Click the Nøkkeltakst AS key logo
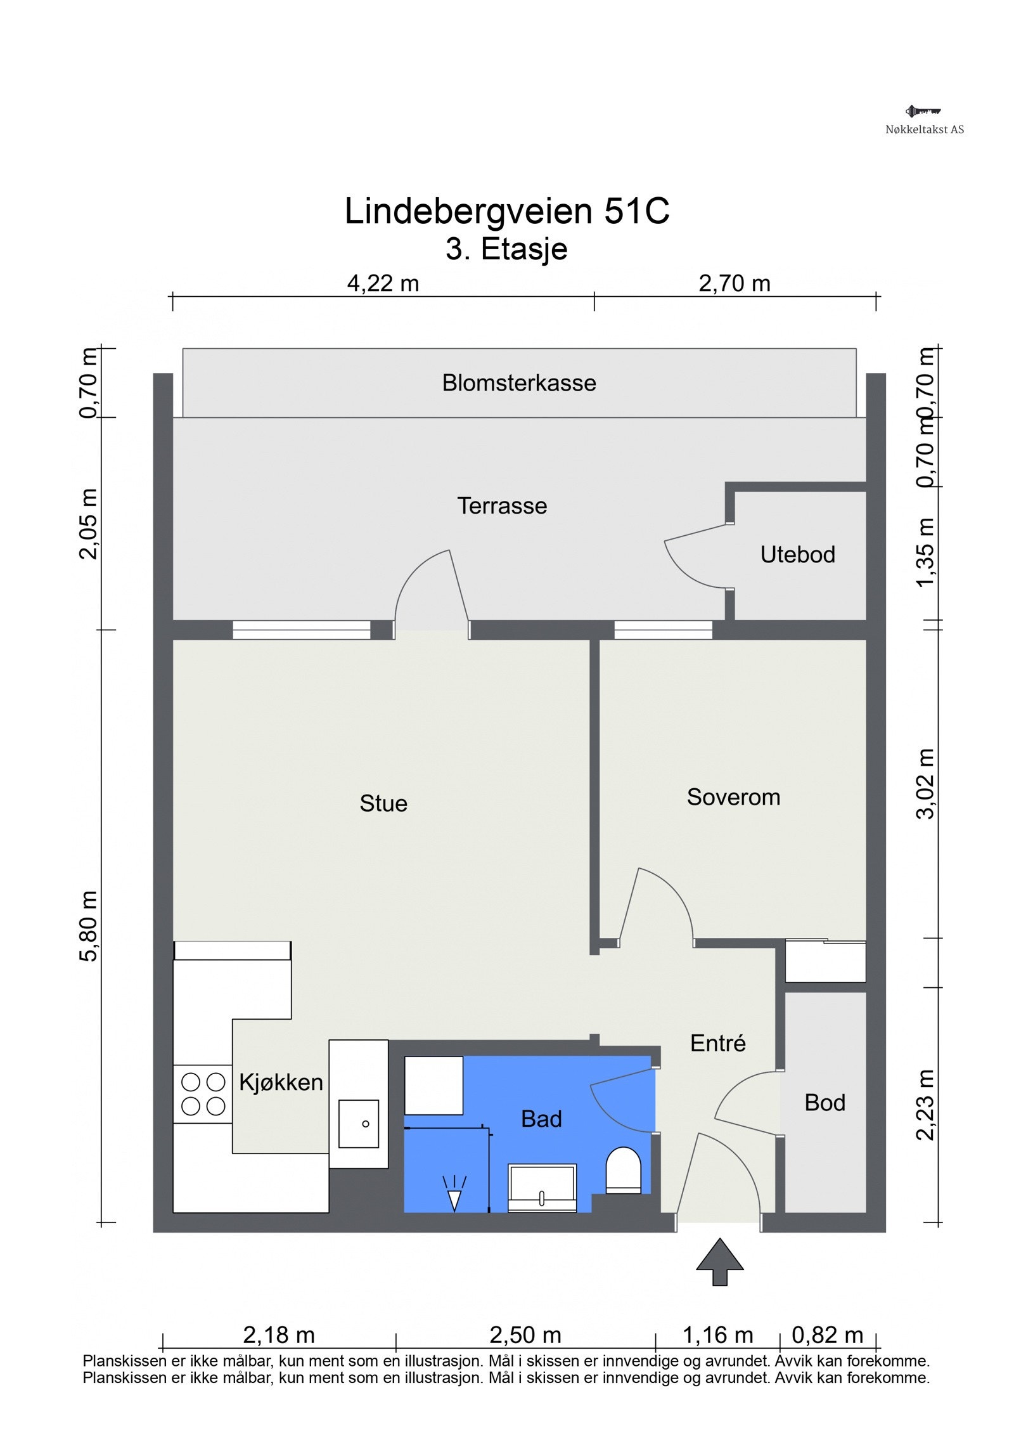(x=923, y=112)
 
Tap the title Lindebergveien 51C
(x=506, y=211)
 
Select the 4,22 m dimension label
(x=383, y=283)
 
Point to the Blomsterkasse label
(x=519, y=383)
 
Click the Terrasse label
(x=502, y=505)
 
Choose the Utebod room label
(x=797, y=554)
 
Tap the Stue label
(x=383, y=803)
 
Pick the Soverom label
(x=733, y=797)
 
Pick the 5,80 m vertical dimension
(x=89, y=926)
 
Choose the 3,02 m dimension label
(x=925, y=784)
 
